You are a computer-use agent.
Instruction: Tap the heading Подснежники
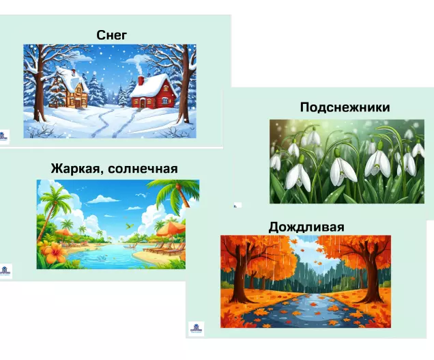345,107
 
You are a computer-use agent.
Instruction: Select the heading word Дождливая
306,227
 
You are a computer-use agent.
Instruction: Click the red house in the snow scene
153,92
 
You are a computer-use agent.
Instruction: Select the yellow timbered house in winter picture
70,89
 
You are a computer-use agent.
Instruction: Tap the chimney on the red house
141,81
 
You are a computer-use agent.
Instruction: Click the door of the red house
142,104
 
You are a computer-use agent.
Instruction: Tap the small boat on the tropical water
128,247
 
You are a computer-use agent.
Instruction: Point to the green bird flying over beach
128,226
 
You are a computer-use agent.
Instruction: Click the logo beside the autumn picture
197,329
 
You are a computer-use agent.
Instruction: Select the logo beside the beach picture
5,271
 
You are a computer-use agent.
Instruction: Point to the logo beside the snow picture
4,137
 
